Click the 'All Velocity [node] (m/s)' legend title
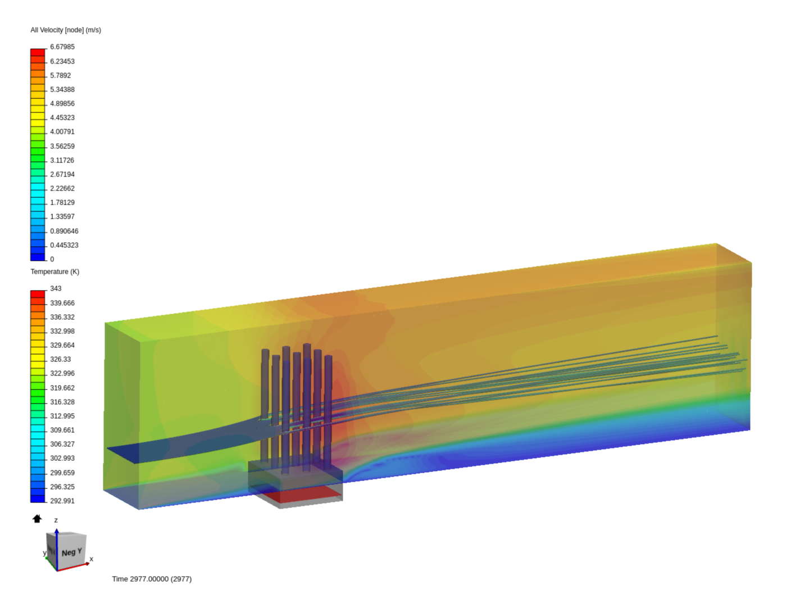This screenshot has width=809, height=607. (x=66, y=30)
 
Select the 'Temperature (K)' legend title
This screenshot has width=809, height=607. (x=54, y=271)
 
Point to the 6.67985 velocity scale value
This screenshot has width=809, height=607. (x=62, y=47)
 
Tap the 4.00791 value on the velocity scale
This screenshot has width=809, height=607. (x=62, y=132)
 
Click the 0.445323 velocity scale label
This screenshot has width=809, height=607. (x=64, y=245)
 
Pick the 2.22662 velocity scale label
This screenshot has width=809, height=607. (x=62, y=188)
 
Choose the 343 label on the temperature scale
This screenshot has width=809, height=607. (x=56, y=288)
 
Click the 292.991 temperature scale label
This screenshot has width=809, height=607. (x=62, y=501)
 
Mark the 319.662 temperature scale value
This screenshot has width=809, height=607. (x=62, y=388)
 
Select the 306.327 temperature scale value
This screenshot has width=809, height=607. (x=62, y=444)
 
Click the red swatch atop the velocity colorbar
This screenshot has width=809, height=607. (x=38, y=52)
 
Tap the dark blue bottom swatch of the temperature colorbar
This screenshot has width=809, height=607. (x=38, y=498)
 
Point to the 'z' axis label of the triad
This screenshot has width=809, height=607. (x=56, y=520)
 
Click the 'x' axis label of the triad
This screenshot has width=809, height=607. (x=91, y=559)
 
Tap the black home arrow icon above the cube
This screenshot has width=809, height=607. (x=37, y=519)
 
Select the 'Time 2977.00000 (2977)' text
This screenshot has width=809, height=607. (x=152, y=579)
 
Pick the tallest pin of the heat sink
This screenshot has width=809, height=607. (x=307, y=393)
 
